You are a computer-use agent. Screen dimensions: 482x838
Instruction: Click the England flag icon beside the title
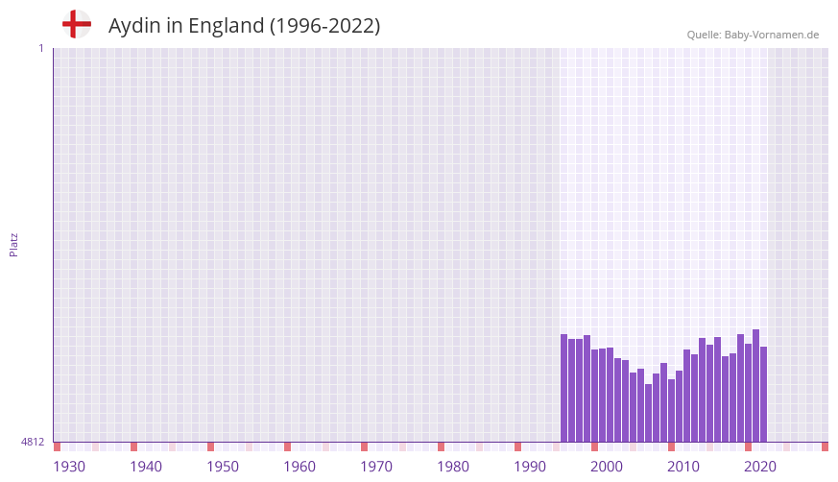point(76,24)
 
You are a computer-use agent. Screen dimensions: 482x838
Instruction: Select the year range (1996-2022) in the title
point(324,26)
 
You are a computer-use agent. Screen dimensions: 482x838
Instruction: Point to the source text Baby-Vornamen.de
point(772,35)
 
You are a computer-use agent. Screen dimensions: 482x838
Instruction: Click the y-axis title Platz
point(13,245)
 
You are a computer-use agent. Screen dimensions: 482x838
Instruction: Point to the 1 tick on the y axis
point(40,48)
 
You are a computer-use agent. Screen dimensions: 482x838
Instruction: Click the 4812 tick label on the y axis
point(33,442)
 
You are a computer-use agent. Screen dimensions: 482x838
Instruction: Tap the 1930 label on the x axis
point(69,467)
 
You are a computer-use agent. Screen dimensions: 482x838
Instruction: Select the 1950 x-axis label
point(223,467)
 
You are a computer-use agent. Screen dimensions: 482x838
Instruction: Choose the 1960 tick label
point(299,467)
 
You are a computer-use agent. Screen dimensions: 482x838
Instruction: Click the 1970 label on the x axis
point(376,467)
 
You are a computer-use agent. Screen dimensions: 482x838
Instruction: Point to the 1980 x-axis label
point(453,467)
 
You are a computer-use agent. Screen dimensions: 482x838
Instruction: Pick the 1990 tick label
point(530,467)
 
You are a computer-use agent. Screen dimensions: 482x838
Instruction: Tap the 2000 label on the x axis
point(607,467)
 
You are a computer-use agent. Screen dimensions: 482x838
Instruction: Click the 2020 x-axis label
point(760,467)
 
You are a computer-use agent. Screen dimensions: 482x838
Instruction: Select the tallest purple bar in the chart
point(756,385)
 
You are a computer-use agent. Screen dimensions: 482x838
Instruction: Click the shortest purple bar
point(649,413)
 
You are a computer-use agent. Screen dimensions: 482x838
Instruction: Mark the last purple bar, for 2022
point(764,394)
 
